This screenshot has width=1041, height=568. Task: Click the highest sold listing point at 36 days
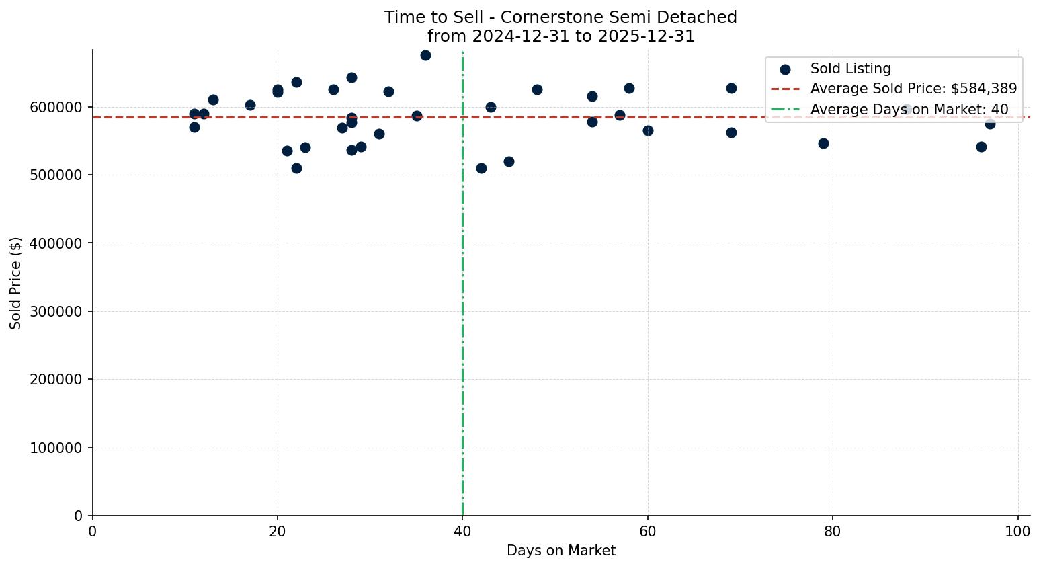coord(425,55)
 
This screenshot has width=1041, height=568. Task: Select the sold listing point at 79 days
coord(823,143)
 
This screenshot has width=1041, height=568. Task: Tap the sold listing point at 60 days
coord(648,130)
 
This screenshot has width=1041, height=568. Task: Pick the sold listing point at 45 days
coord(509,161)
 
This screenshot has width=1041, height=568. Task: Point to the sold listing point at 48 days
coord(537,89)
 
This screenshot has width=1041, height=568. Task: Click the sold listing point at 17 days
coord(250,105)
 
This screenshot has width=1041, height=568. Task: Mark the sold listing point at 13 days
coord(213,99)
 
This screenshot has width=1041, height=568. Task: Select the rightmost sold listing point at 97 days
coord(990,124)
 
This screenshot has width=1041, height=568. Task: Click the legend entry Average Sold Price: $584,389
coord(913,89)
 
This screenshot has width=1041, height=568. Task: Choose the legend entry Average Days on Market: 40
coord(909,109)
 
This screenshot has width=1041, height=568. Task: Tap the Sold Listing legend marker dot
coord(785,69)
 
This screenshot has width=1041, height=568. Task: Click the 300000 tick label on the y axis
coord(56,311)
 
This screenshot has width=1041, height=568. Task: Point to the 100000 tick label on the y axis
coord(56,448)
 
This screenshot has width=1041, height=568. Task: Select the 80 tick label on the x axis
coord(833,532)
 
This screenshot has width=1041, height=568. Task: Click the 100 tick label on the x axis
coord(1017,532)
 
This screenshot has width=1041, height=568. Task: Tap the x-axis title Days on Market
coord(561,551)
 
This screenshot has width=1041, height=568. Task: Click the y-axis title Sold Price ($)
coord(15,283)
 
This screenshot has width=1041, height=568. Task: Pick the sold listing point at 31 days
coord(379,134)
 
